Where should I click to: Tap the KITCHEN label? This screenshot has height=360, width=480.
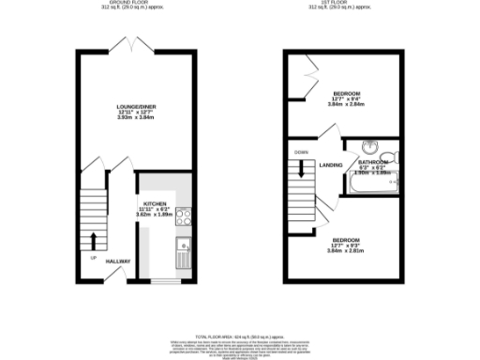tap(155, 203)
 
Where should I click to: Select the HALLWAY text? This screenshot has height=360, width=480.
tap(117, 261)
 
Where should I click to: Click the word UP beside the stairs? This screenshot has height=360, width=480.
tap(93, 257)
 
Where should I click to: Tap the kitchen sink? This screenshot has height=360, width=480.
tap(182, 250)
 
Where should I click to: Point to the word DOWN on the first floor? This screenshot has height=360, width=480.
tap(301, 152)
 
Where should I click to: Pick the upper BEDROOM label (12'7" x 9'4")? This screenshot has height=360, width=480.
tap(345, 96)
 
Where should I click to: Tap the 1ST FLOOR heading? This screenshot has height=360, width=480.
tap(344, 3)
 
